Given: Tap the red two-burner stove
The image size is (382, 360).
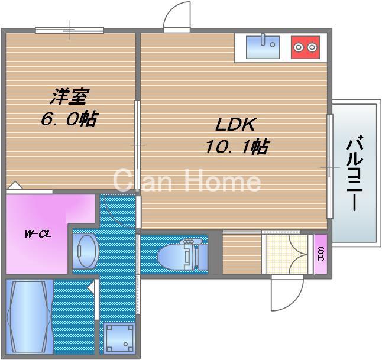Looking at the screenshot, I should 305,47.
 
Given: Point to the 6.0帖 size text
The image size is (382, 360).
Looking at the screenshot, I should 69,119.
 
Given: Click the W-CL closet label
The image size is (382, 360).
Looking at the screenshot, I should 37,234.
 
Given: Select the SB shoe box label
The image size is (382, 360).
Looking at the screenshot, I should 320,254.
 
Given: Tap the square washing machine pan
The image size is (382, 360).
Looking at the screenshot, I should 118,337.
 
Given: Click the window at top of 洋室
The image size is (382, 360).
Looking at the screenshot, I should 69,30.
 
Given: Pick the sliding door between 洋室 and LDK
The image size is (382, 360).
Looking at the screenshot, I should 138,145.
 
